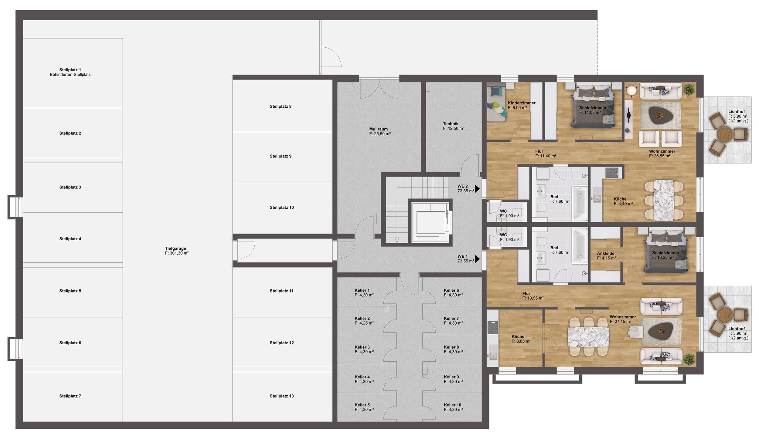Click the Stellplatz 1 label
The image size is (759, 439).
(x=70, y=70)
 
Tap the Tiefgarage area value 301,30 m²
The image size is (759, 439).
(x=177, y=253)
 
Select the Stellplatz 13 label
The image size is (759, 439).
(x=282, y=396)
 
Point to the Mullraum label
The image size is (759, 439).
(x=378, y=129)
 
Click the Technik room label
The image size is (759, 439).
(x=451, y=124)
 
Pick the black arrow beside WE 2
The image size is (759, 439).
(x=477, y=189)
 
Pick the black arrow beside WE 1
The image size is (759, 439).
(x=477, y=259)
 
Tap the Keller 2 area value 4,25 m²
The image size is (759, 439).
(x=364, y=323)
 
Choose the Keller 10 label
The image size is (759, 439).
(x=452, y=405)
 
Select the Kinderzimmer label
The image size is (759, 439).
(x=522, y=103)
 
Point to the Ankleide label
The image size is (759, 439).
(x=605, y=253)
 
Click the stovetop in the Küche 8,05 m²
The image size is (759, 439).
(x=493, y=327)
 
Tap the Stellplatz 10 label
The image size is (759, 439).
(x=282, y=208)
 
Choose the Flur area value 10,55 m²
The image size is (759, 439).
(x=533, y=298)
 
